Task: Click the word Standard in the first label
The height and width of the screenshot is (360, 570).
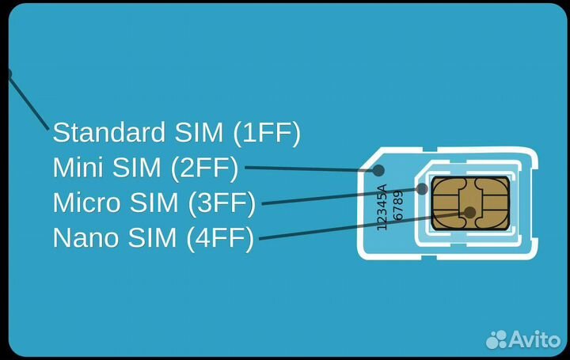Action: [x=100, y=132]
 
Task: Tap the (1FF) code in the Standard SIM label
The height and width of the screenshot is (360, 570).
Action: [x=268, y=132]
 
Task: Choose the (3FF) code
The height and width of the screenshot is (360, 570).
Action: [x=222, y=203]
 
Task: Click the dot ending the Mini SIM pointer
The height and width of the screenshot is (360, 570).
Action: [x=378, y=170]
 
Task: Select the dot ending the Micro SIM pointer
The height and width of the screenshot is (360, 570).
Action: [x=422, y=189]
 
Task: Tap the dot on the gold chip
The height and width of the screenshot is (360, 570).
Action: [x=470, y=212]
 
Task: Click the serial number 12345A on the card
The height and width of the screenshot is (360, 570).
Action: [x=382, y=207]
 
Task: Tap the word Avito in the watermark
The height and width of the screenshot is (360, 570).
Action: [x=535, y=339]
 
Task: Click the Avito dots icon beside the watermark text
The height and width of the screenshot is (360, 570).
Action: [x=497, y=339]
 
